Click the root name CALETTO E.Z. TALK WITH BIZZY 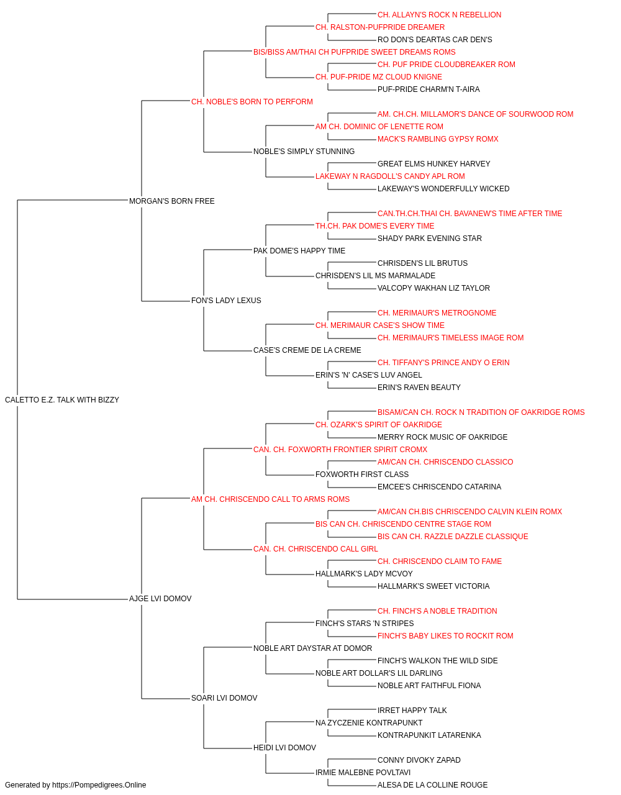click(62, 400)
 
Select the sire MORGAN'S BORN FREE click(172, 201)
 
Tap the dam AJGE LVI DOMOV click(160, 599)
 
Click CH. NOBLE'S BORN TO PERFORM click(252, 102)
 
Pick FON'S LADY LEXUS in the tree click(227, 301)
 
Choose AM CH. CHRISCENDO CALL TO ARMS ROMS click(271, 499)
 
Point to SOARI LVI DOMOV click(224, 698)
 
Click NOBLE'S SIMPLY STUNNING click(304, 152)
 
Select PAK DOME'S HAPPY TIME click(299, 250)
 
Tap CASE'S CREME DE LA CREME click(307, 350)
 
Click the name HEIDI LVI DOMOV click(284, 748)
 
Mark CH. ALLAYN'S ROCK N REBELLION click(439, 15)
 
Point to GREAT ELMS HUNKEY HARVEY click(433, 164)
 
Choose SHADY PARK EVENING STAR click(430, 238)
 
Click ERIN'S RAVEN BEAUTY click(419, 388)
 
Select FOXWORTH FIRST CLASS click(362, 475)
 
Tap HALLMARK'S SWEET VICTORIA click(433, 586)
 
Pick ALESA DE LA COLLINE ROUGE click(433, 785)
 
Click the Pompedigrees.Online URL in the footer click(99, 785)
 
